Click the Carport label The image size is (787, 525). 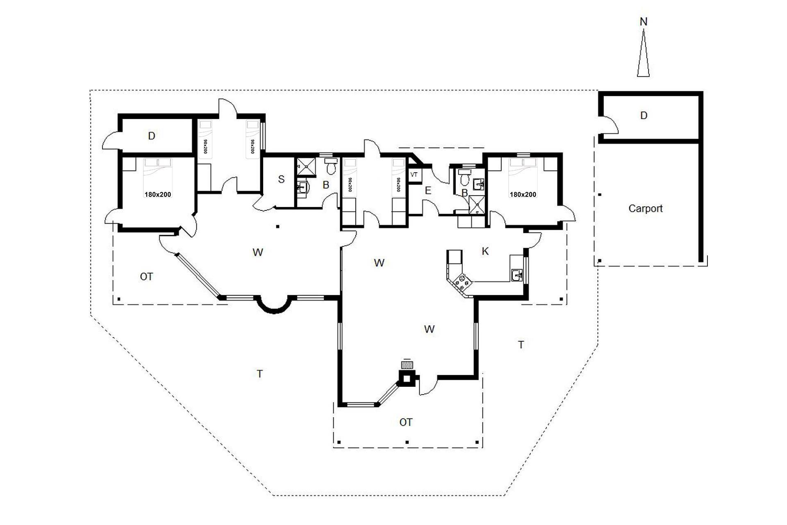pyautogui.click(x=645, y=208)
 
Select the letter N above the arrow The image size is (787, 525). pyautogui.click(x=644, y=22)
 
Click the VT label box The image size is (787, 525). pyautogui.click(x=414, y=175)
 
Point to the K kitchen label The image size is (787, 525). pyautogui.click(x=485, y=251)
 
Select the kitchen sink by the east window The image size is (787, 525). pyautogui.click(x=516, y=275)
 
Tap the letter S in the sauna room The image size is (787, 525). pyautogui.click(x=281, y=179)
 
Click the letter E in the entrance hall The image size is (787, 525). pyautogui.click(x=428, y=190)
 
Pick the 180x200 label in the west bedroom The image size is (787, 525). pyautogui.click(x=157, y=194)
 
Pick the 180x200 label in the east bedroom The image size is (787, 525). pyautogui.click(x=523, y=194)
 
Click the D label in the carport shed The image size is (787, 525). pyautogui.click(x=644, y=116)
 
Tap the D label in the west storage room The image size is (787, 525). pyautogui.click(x=152, y=136)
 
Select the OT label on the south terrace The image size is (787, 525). pyautogui.click(x=406, y=422)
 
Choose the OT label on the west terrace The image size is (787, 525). pyautogui.click(x=146, y=277)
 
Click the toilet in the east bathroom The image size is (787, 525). pyautogui.click(x=464, y=178)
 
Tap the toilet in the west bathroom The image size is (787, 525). pyautogui.click(x=330, y=166)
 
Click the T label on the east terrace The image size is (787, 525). pyautogui.click(x=521, y=345)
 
